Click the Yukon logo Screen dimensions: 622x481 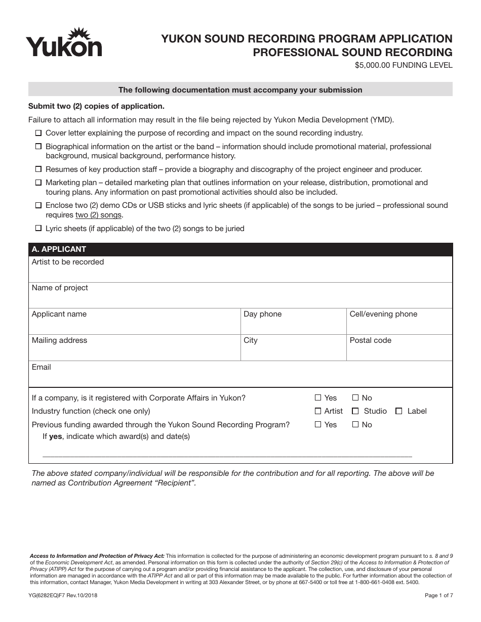[64, 42]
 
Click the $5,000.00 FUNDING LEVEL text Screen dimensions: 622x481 [404, 65]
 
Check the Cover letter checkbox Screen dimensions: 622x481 [38, 134]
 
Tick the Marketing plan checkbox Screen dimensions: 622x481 [38, 183]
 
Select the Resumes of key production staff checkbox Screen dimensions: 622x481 [38, 169]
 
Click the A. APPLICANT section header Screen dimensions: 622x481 [59, 249]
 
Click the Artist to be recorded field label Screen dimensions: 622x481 [68, 262]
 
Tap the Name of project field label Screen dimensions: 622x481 [60, 288]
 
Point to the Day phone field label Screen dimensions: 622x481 [262, 314]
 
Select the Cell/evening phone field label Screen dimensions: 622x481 [383, 314]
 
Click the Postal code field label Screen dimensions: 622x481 [370, 340]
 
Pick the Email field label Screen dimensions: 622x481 [42, 367]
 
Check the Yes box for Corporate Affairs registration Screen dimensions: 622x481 [318, 398]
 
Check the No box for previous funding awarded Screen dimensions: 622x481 [355, 425]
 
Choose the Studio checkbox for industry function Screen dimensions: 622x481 [355, 411]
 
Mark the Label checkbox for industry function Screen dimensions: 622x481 [399, 411]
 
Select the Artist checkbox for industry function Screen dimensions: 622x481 [318, 411]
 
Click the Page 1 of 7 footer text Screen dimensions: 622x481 [439, 596]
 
